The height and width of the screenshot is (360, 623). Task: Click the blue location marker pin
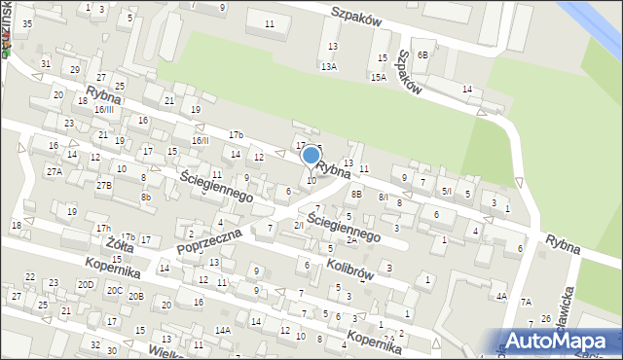pyautogui.click(x=311, y=156)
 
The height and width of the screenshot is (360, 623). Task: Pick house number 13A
pyautogui.click(x=330, y=66)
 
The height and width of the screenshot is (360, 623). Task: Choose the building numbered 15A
pyautogui.click(x=378, y=76)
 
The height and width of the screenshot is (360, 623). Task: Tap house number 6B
pyautogui.click(x=422, y=55)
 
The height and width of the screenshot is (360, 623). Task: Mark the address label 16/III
pyautogui.click(x=104, y=110)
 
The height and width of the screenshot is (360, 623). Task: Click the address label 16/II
pyautogui.click(x=200, y=140)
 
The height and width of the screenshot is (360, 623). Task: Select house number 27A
pyautogui.click(x=54, y=171)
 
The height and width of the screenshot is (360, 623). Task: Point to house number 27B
pyautogui.click(x=103, y=185)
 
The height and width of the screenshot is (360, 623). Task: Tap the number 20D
pyautogui.click(x=87, y=284)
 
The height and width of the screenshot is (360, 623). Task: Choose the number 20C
pyautogui.click(x=115, y=290)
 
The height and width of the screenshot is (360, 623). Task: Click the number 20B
pyautogui.click(x=136, y=296)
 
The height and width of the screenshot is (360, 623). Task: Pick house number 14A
pyautogui.click(x=223, y=331)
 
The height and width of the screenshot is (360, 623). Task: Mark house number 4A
pyautogui.click(x=501, y=296)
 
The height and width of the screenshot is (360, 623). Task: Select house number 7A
pyautogui.click(x=526, y=302)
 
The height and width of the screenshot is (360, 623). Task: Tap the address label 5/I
pyautogui.click(x=446, y=192)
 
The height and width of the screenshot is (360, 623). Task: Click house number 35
pyautogui.click(x=27, y=23)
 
